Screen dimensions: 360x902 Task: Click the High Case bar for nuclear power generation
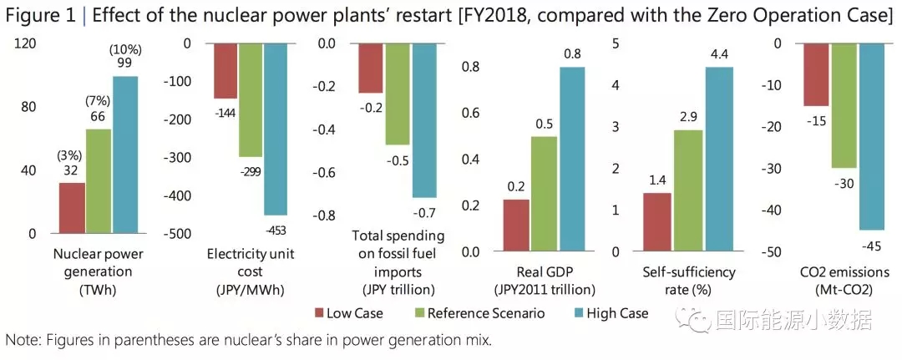(125, 155)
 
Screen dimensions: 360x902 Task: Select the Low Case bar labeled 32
(72, 208)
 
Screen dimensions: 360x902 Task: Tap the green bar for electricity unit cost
(251, 100)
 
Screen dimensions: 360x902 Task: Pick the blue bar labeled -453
(276, 129)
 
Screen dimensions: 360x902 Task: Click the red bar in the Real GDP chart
(515, 225)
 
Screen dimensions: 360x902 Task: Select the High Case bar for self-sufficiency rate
(719, 159)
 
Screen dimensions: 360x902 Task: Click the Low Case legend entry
(348, 313)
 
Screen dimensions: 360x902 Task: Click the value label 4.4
(719, 55)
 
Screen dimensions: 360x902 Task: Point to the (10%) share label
(125, 52)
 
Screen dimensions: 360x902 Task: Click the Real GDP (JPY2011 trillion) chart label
(545, 281)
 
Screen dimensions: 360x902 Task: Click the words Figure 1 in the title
(42, 16)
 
